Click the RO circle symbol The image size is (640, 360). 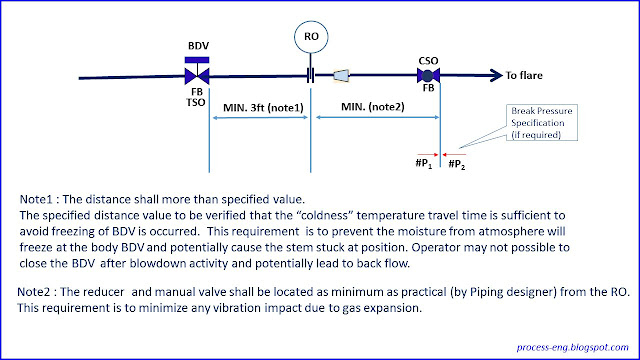click(312, 37)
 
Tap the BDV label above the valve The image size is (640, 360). click(199, 47)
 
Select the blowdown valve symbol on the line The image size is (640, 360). click(198, 75)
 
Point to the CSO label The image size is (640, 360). click(430, 60)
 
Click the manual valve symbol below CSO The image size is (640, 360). click(431, 75)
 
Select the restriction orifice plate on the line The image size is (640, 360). click(312, 75)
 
